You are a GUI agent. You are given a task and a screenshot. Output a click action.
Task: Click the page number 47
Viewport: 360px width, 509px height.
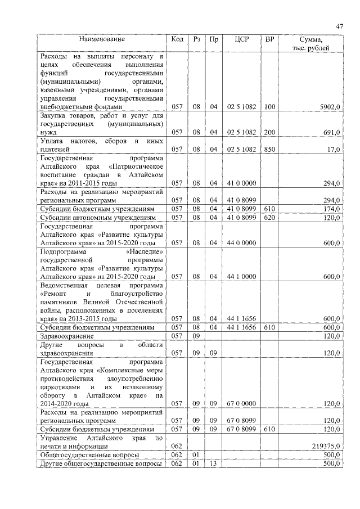(x=340, y=26)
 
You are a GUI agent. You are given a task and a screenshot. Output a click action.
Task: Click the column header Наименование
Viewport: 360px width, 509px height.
(x=101, y=39)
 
